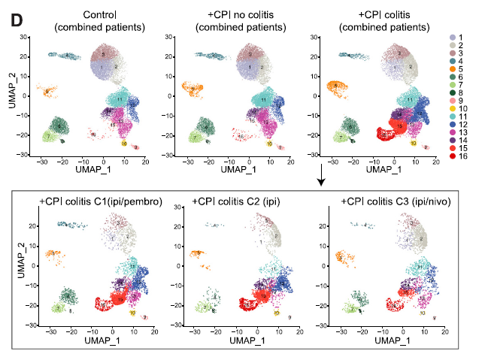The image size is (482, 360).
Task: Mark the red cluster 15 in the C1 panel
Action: pyautogui.click(x=112, y=302)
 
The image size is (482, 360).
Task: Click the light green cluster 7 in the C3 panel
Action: pyautogui.click(x=349, y=309)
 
